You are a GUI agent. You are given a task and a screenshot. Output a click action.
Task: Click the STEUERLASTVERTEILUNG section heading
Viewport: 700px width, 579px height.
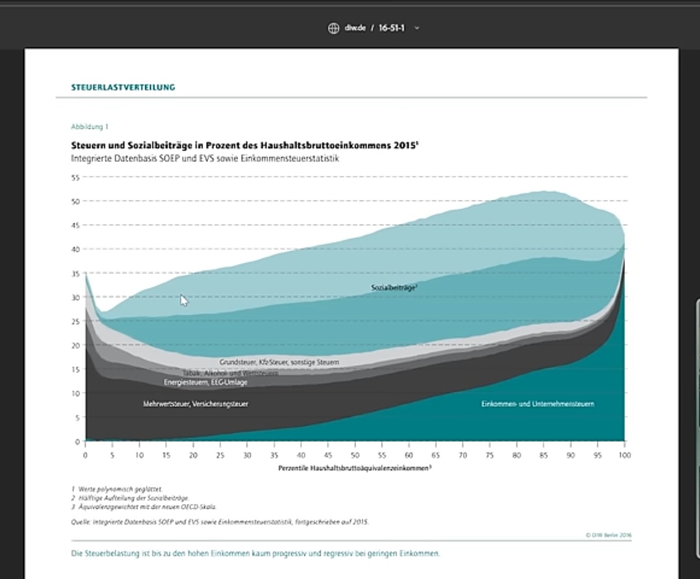[123, 87]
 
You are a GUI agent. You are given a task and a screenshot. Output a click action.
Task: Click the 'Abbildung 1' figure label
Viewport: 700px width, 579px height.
[90, 127]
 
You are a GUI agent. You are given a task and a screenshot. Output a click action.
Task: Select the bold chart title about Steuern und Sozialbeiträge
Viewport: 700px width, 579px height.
[244, 145]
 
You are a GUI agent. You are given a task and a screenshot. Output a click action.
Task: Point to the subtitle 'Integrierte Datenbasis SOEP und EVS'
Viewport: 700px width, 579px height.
[205, 159]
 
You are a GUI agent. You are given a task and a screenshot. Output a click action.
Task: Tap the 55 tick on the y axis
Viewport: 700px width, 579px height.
[76, 177]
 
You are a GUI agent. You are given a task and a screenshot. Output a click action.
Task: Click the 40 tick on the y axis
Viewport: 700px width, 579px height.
[76, 249]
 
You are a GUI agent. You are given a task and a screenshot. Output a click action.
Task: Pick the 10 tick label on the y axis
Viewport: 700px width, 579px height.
[76, 394]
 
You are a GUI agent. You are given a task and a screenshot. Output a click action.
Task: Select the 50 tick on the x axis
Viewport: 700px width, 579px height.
[355, 455]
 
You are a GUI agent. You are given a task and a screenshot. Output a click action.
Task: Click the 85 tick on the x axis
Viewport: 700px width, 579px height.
[543, 455]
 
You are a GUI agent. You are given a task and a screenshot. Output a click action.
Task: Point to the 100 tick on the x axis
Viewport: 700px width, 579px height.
[624, 455]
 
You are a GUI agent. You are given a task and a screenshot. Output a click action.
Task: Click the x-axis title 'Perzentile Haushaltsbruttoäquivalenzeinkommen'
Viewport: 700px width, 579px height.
[354, 468]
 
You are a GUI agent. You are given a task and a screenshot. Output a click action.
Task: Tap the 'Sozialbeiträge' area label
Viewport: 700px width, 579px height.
[393, 288]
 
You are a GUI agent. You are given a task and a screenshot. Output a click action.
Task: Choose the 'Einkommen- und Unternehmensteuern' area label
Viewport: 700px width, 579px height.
[538, 404]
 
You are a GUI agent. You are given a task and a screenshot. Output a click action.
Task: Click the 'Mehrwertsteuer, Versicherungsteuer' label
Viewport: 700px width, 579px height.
[196, 404]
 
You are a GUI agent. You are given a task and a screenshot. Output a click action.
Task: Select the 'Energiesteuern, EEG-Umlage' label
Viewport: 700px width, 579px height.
[205, 382]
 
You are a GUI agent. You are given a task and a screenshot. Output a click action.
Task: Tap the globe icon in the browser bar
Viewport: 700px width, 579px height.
[333, 28]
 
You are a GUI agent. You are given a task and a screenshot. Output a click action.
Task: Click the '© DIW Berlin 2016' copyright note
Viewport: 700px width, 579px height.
[608, 535]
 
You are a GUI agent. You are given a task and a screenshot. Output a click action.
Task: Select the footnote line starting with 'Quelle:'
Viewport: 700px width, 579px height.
[220, 522]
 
